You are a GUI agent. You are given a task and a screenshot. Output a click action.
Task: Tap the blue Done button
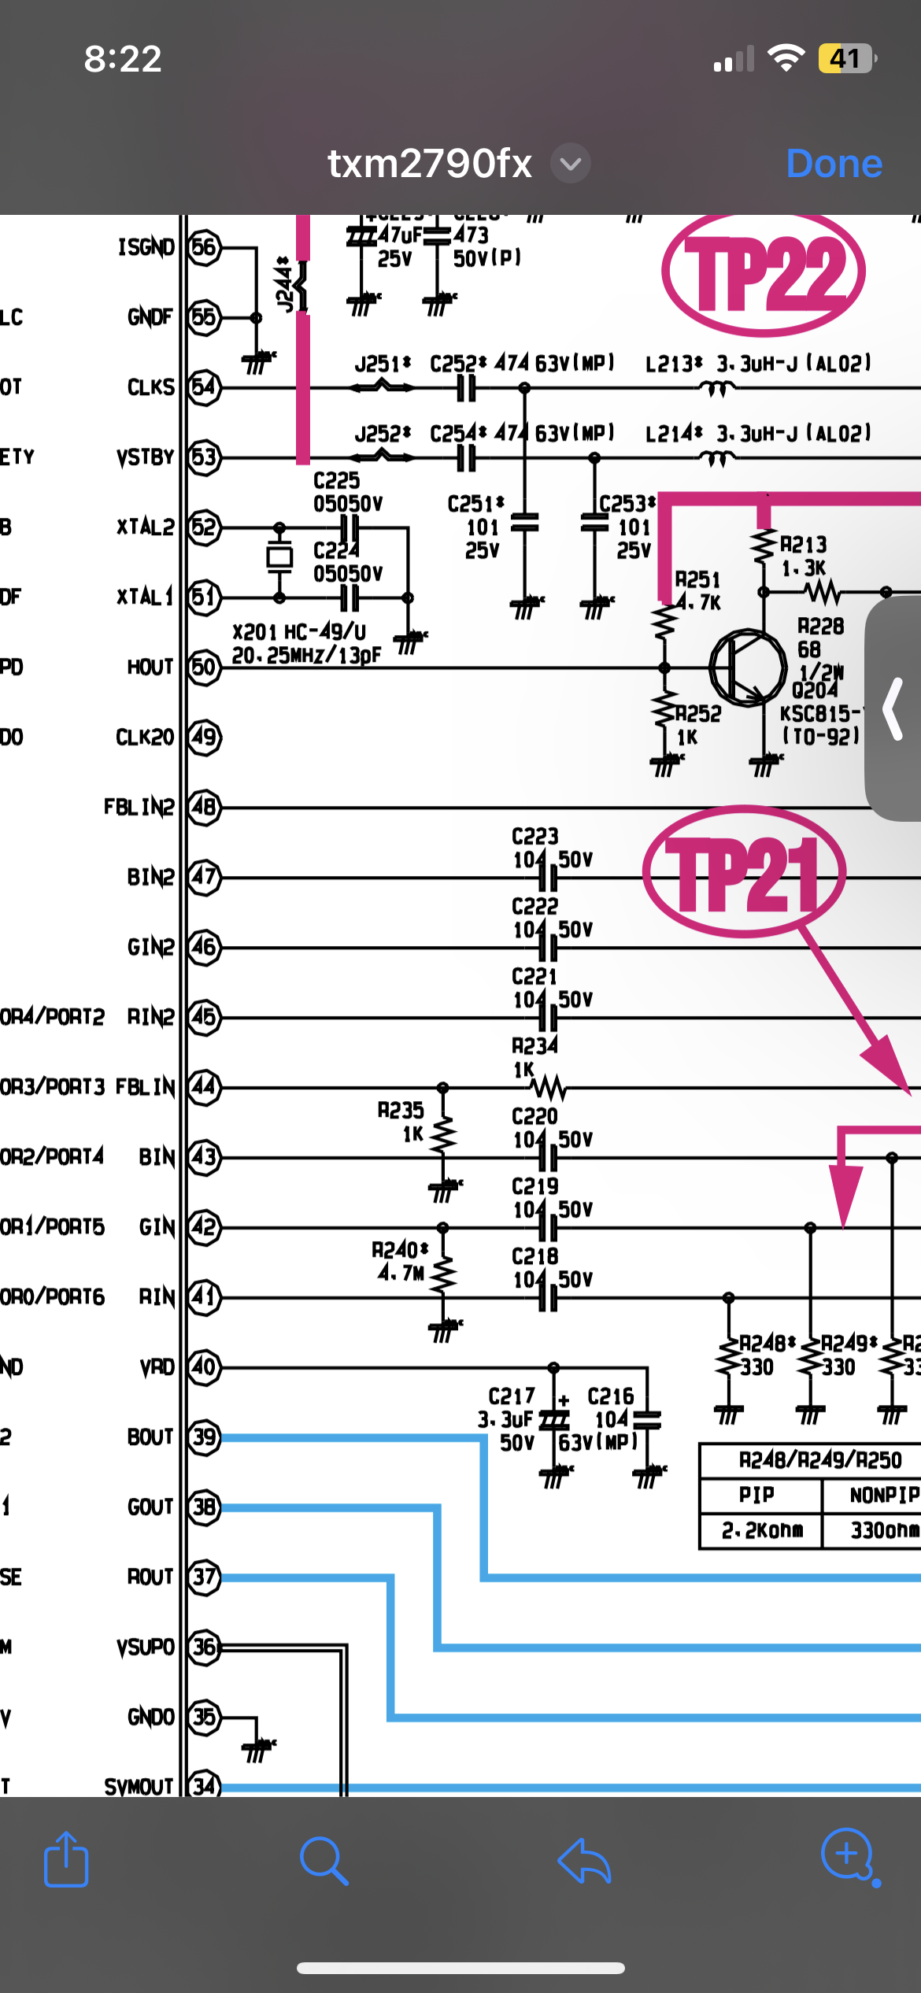(834, 164)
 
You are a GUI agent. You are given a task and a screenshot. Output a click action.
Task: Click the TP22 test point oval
(763, 272)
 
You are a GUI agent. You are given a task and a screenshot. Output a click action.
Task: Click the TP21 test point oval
(744, 872)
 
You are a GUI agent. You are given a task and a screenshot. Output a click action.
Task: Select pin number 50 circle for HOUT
(204, 667)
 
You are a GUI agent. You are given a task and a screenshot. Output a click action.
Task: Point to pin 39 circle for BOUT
(204, 1437)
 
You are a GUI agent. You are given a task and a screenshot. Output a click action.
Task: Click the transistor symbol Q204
(747, 667)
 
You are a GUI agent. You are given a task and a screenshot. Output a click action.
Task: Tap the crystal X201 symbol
(279, 557)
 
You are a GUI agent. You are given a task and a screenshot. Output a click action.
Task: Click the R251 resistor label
(697, 580)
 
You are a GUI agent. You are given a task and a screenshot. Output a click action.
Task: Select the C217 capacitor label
(512, 1396)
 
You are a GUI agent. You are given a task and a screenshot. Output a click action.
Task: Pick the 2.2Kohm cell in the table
(761, 1530)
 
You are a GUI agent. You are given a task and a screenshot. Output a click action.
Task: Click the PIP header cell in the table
(756, 1495)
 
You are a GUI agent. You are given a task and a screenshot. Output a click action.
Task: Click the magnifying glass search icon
(324, 1861)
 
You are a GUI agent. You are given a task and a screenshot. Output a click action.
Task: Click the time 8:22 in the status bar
(123, 59)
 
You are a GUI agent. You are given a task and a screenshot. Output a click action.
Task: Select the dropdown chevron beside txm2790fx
(571, 164)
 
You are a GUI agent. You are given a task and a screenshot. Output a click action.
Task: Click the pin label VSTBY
(145, 457)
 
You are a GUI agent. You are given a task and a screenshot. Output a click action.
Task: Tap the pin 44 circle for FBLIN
(204, 1087)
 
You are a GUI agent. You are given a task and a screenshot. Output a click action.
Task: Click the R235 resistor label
(401, 1111)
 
